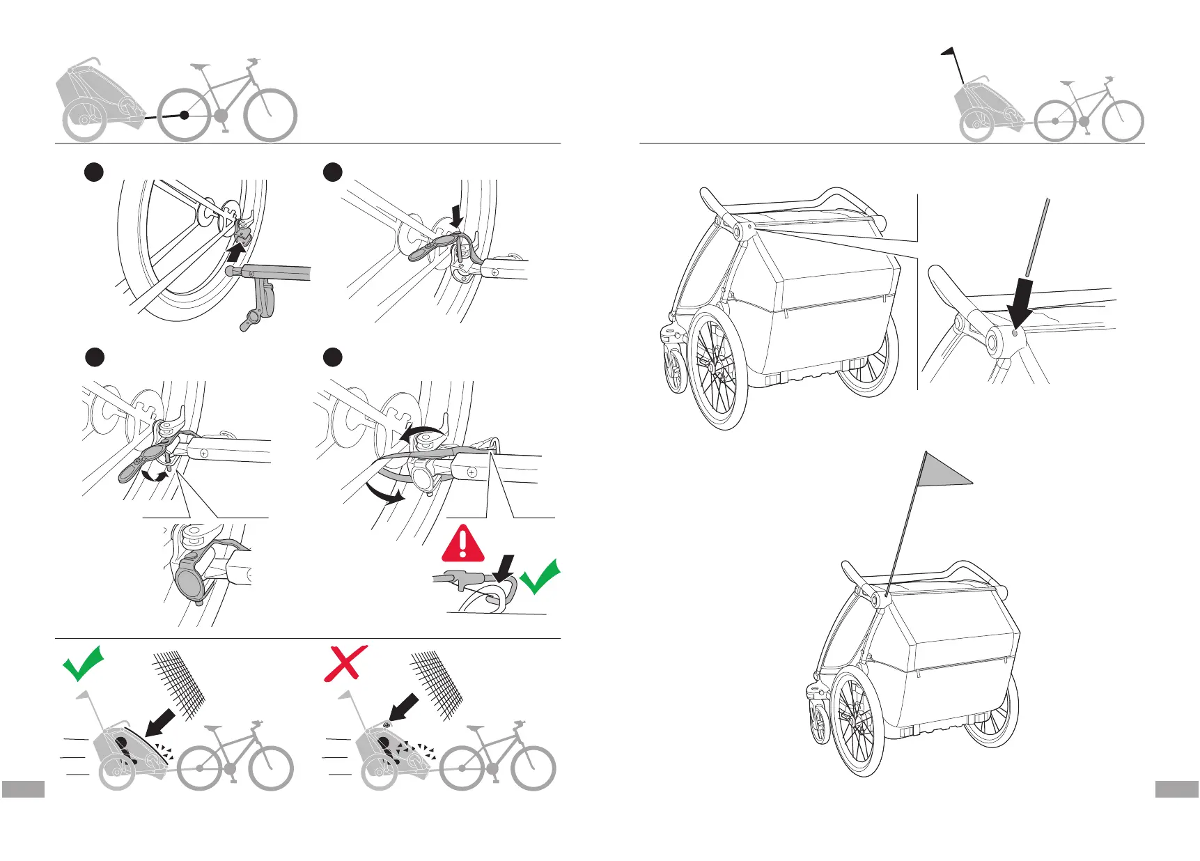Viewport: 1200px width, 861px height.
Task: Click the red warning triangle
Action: (463, 545)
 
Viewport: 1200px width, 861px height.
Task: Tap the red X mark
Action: (345, 662)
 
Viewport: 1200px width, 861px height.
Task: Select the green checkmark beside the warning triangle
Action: (540, 577)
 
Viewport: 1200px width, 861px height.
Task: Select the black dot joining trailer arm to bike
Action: (184, 115)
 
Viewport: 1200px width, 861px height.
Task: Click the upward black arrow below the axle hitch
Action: (237, 250)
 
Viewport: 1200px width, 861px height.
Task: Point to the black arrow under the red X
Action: (404, 707)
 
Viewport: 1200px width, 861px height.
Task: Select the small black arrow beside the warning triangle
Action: (506, 566)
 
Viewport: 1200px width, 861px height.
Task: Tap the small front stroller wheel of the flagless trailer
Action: (674, 373)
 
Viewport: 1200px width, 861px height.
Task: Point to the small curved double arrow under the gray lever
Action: (155, 476)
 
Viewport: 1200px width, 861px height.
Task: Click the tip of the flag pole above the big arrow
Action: (1047, 201)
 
